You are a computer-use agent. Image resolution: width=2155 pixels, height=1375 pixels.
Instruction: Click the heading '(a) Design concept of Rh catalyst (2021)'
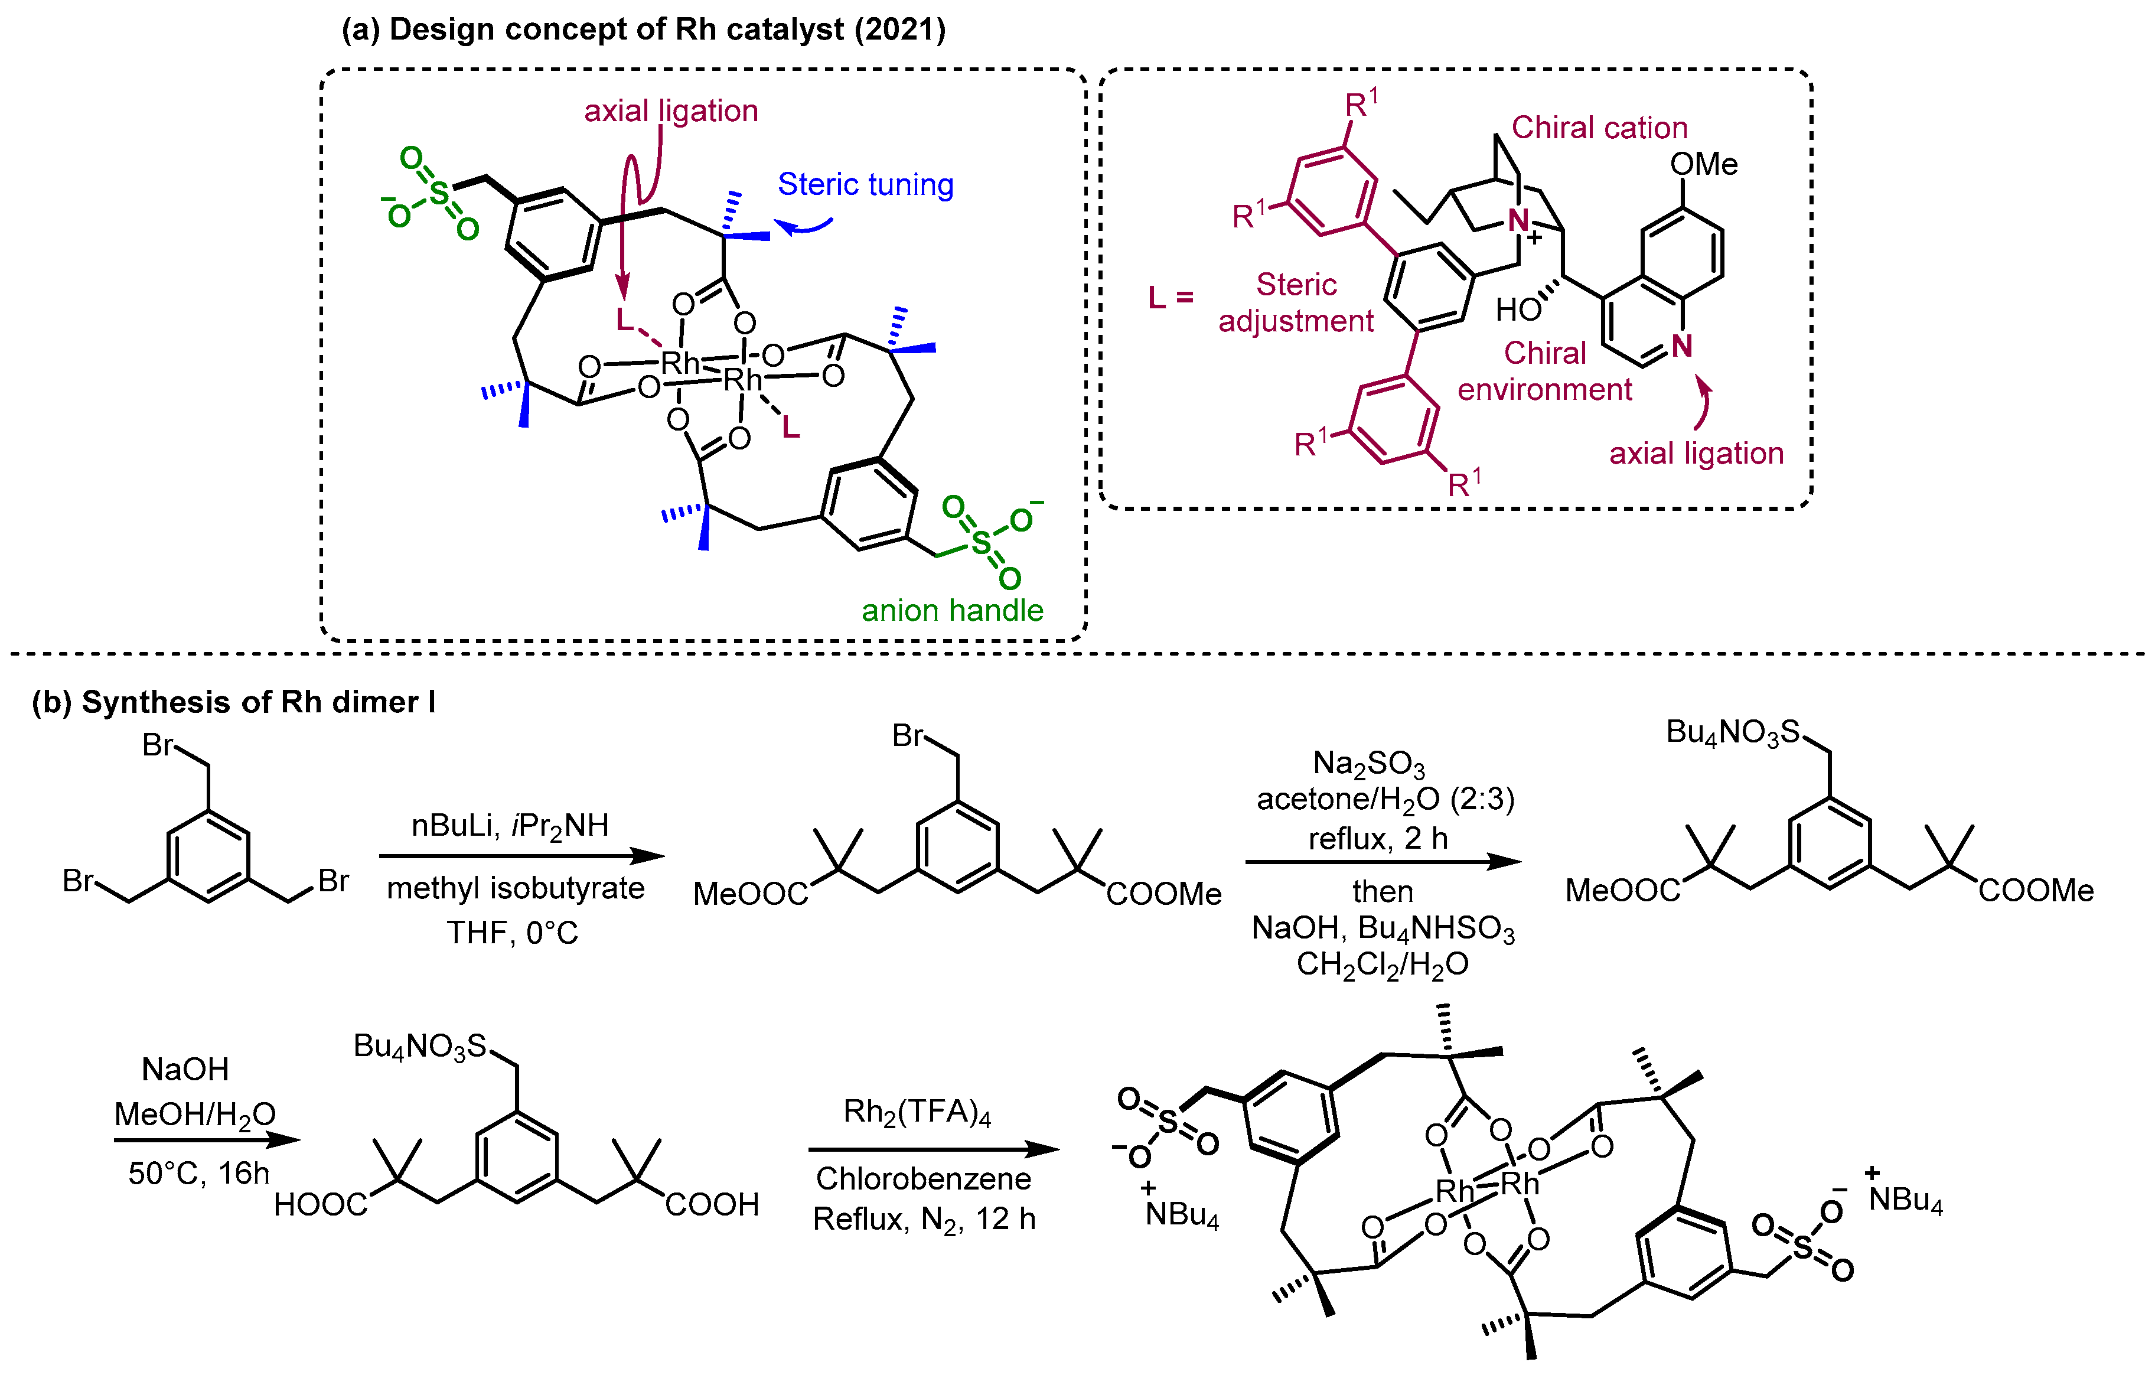point(644,30)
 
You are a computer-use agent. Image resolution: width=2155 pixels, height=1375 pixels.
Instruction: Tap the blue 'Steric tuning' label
point(865,184)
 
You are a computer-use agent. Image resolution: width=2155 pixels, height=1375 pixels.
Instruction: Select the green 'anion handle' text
point(952,611)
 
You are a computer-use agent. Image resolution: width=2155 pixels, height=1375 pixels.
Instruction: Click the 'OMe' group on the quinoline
point(1703,164)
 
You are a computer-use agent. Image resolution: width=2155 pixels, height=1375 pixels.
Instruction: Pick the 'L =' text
point(1171,297)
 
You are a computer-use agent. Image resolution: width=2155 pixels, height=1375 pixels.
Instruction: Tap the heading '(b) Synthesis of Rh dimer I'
point(234,702)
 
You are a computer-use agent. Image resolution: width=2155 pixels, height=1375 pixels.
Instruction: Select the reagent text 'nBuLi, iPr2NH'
point(510,825)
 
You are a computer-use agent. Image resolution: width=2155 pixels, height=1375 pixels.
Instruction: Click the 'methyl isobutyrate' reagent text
point(516,888)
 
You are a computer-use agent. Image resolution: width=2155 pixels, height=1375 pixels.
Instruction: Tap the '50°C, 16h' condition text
point(198,1172)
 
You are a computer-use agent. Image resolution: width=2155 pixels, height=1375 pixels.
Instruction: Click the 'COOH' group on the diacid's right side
point(712,1205)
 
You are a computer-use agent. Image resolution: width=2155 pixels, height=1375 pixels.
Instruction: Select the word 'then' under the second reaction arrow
point(1383,892)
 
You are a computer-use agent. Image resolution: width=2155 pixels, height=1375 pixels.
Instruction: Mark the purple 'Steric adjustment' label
point(1296,302)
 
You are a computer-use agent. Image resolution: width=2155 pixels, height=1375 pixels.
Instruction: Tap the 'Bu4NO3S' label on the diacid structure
point(420,1045)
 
